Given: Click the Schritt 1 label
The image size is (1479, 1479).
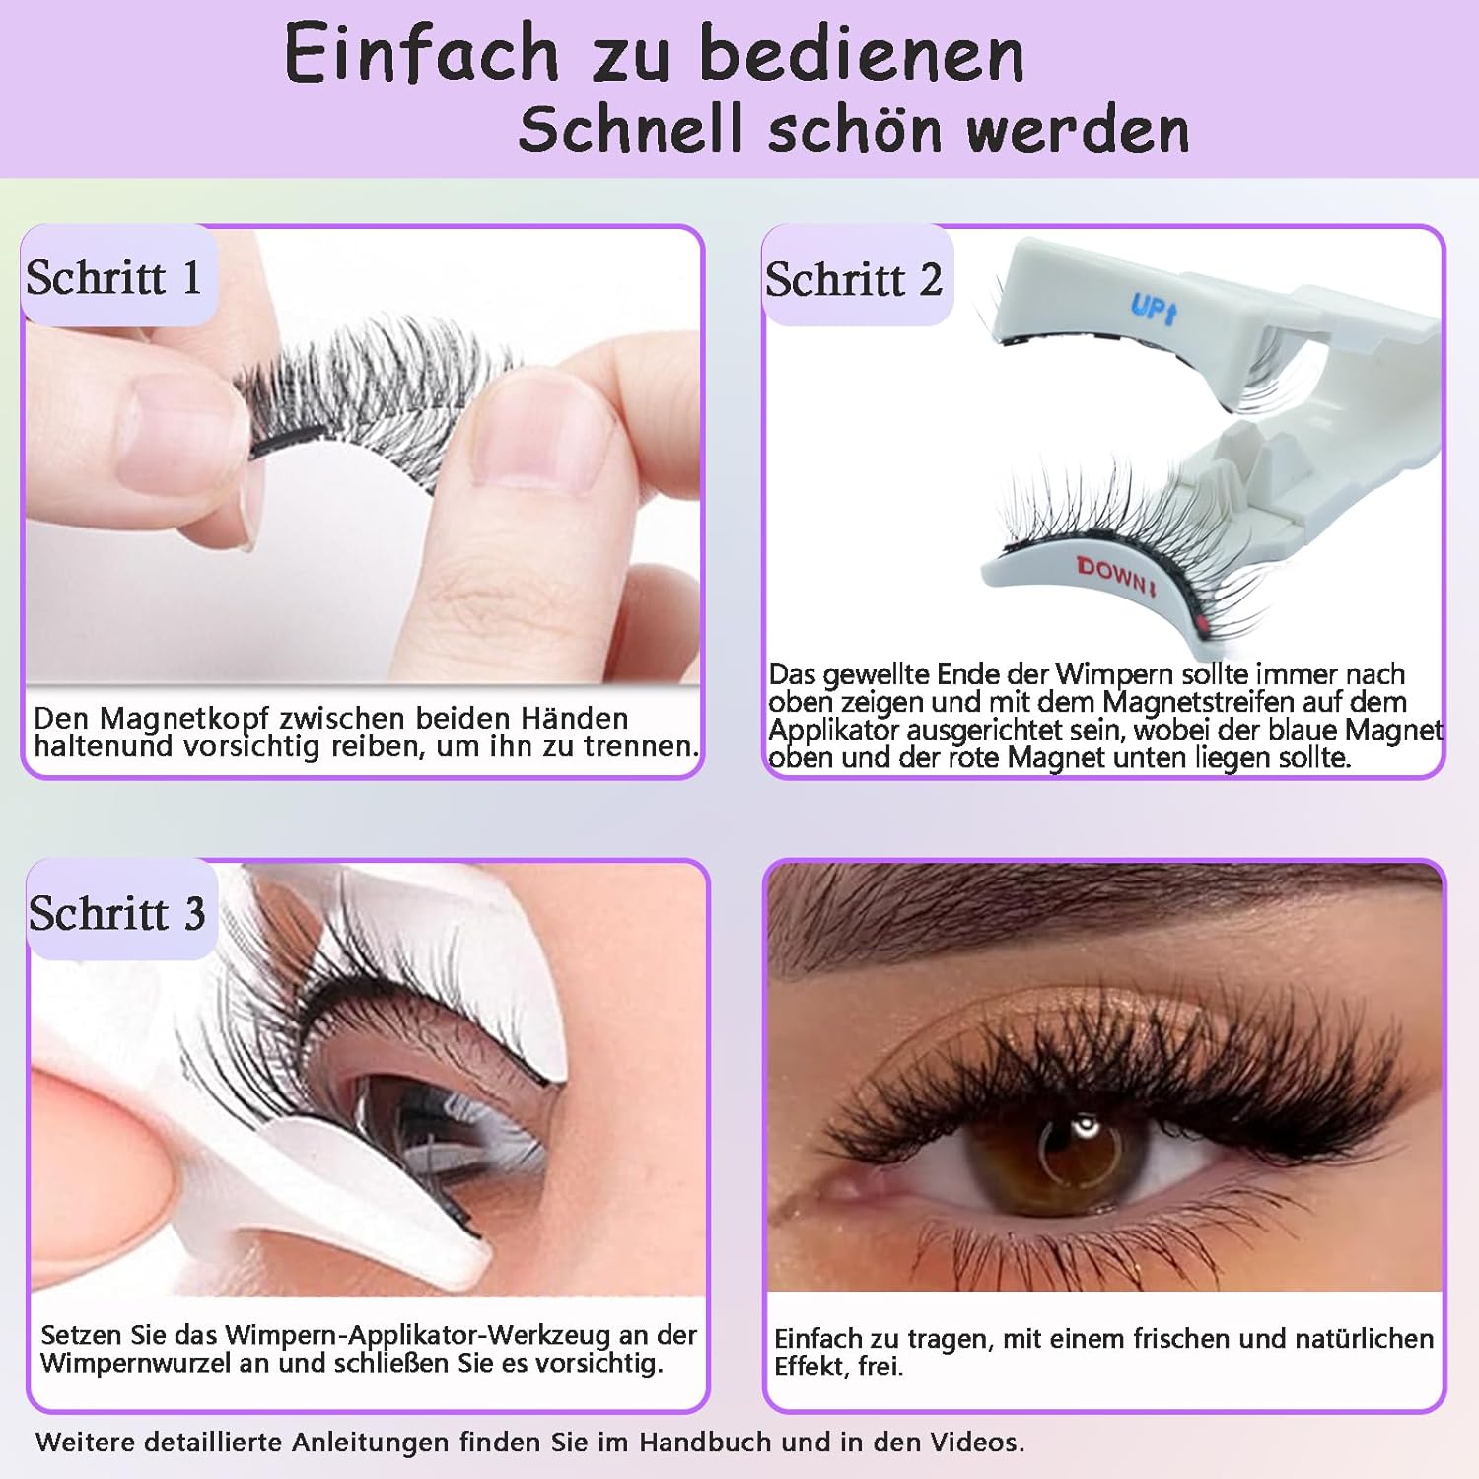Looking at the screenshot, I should (x=114, y=277).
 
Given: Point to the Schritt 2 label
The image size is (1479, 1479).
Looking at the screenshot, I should (x=854, y=280).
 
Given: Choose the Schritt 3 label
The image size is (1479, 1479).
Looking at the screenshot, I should (x=117, y=913).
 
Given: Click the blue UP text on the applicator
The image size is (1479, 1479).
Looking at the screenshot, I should (x=1153, y=309).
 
